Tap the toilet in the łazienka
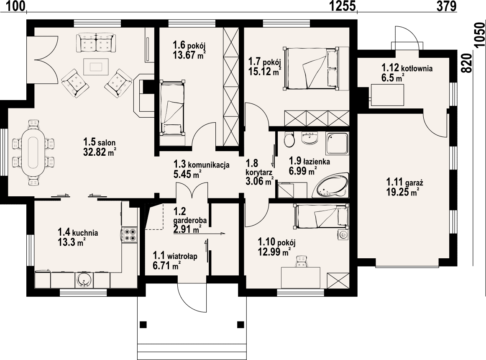point(289,140)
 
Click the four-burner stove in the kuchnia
point(130,235)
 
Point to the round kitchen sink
point(83,280)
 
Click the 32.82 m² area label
point(100,152)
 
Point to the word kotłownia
point(417,68)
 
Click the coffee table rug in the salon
point(95,67)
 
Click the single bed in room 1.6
point(172,108)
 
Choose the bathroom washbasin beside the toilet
point(310,138)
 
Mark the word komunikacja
point(209,165)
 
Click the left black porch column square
point(143,325)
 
